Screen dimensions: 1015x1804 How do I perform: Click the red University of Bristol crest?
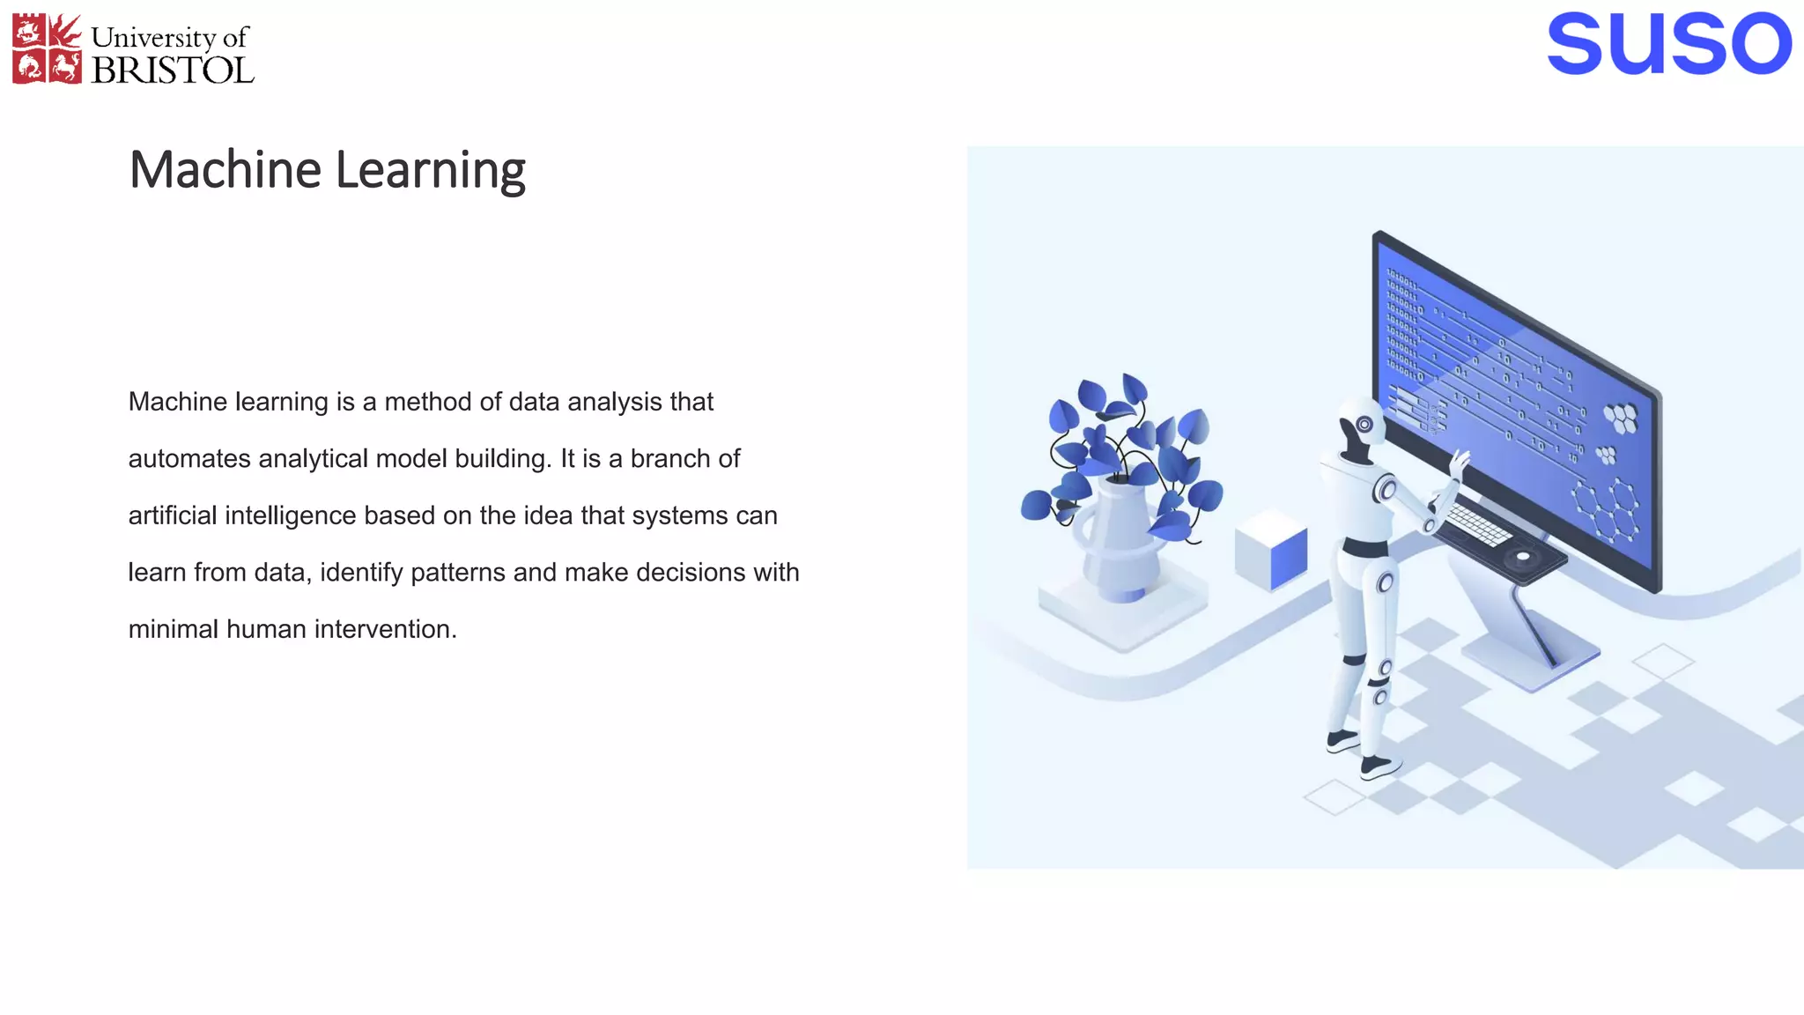click(47, 49)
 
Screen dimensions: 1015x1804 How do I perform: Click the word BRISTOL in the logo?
click(173, 70)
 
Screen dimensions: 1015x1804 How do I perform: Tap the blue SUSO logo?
click(1668, 44)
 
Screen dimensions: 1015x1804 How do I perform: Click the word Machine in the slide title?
click(225, 170)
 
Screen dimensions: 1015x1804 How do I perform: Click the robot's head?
click(1361, 426)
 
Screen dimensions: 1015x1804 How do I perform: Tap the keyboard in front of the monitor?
click(1480, 525)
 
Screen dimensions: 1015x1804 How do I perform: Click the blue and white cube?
click(1271, 550)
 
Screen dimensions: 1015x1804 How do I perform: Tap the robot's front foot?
click(1379, 767)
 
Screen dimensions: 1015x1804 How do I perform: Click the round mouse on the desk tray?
click(1522, 557)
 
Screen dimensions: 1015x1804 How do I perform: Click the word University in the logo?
click(153, 38)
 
